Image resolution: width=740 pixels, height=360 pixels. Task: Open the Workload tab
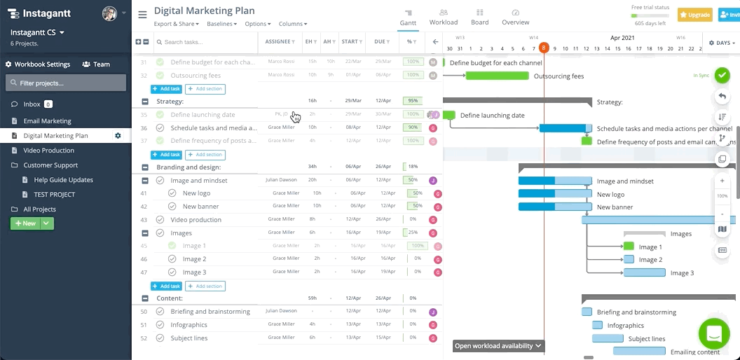[444, 18]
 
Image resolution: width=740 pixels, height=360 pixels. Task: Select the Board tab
[480, 18]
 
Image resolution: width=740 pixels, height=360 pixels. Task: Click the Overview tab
[515, 18]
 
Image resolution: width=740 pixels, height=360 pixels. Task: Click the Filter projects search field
[66, 83]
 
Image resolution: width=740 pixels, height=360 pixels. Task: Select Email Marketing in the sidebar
[47, 121]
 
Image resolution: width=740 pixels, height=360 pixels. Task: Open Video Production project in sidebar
[48, 151]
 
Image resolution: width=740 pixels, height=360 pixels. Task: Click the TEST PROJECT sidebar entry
[54, 195]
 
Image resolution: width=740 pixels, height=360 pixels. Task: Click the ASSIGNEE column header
[280, 42]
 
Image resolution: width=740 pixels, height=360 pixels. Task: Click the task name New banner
[200, 207]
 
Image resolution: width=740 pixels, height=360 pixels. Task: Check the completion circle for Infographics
[160, 325]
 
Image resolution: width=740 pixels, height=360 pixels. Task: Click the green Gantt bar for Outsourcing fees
[497, 76]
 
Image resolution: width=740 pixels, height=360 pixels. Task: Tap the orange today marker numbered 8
[544, 48]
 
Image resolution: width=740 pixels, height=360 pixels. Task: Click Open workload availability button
[498, 346]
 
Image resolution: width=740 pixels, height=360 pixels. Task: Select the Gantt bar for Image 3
[644, 272]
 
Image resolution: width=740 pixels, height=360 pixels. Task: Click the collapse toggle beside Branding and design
[145, 168]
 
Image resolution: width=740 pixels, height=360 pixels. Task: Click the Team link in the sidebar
[97, 64]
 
